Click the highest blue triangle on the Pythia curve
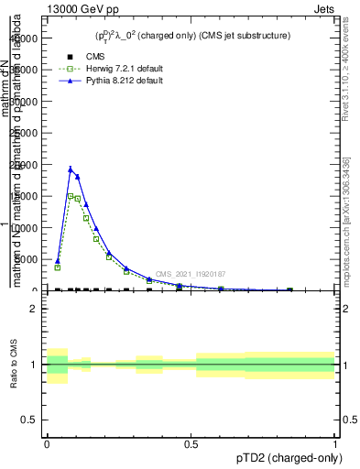pos(71,169)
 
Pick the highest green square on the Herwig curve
pos(71,195)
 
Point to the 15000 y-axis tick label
pos(24,196)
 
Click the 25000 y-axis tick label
pos(24,133)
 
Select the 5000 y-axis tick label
pos(27,259)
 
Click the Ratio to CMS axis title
pos(15,364)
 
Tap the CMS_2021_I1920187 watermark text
pos(191,274)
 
